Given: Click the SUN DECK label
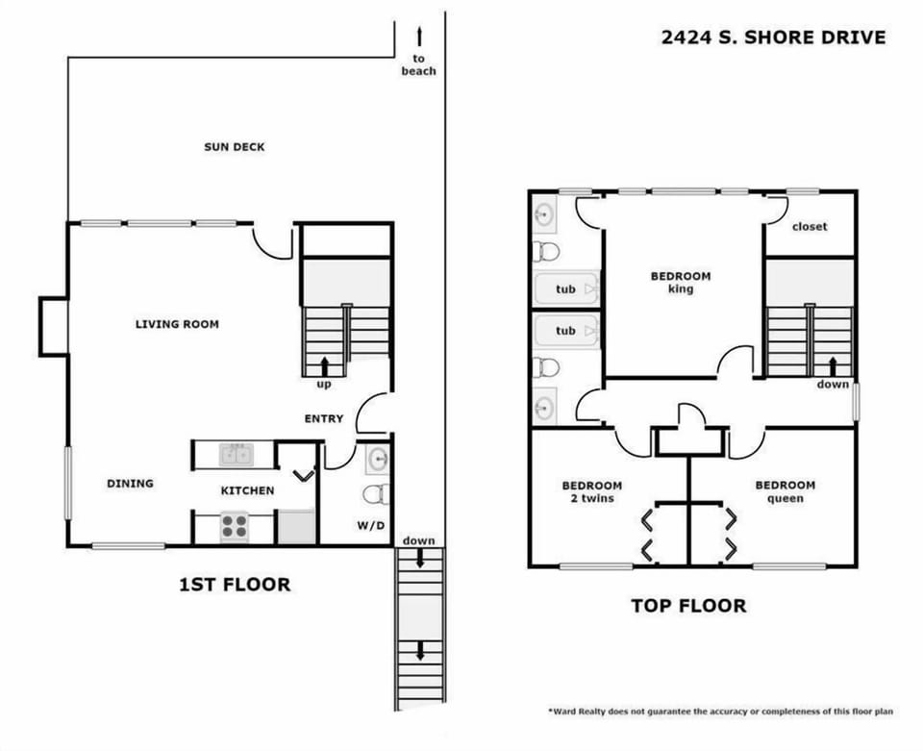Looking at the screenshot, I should (234, 147).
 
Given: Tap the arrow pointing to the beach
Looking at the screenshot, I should (419, 38).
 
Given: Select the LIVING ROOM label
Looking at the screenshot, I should (177, 324).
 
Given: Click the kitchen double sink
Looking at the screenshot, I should (235, 454).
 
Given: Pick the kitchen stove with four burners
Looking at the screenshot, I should (235, 526).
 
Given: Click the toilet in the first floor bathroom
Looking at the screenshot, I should (373, 494).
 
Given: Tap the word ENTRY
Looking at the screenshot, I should (323, 418).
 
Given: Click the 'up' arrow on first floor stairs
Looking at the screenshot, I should (323, 364).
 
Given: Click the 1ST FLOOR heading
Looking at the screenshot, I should (235, 585).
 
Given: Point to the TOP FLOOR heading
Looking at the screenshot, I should (687, 606).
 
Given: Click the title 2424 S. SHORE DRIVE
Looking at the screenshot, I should (773, 38).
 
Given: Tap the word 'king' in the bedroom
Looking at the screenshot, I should (681, 289).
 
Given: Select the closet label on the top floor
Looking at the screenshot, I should (810, 227).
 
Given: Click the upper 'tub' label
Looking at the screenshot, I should (565, 288).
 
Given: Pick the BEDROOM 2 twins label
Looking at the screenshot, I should (591, 491).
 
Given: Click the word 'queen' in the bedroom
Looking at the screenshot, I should (785, 498).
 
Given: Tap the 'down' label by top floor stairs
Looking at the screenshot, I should (833, 385).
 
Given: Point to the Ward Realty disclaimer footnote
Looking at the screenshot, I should (721, 712).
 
